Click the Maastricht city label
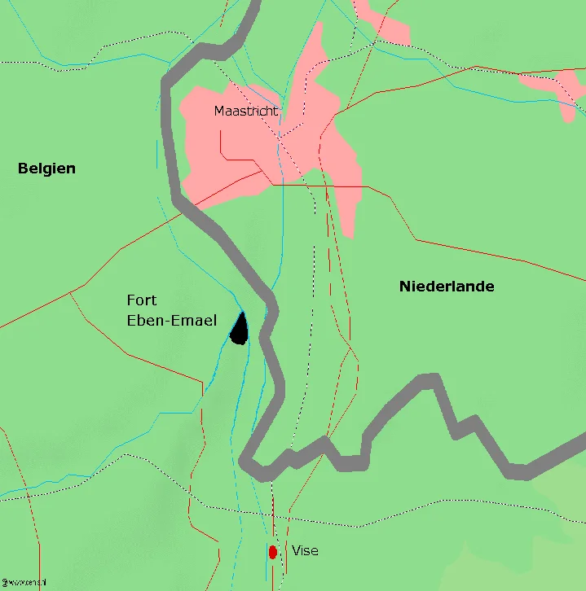point(246,111)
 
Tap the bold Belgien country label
point(46,169)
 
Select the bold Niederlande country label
point(447,286)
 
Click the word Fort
point(142,301)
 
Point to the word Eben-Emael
point(172,321)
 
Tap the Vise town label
point(305,551)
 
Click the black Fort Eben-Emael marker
point(239,330)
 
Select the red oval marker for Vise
point(273,552)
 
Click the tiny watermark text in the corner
point(22,583)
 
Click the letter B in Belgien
point(23,169)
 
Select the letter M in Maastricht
point(219,111)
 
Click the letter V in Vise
point(296,551)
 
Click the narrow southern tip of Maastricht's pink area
point(349,228)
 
